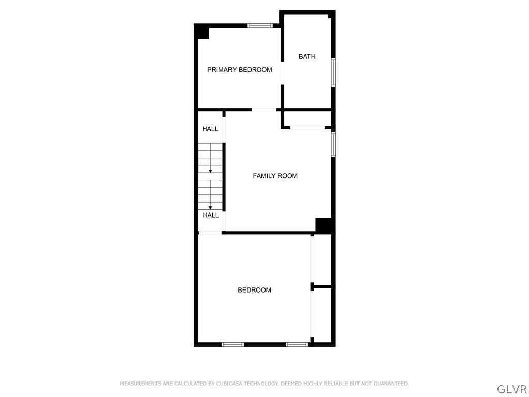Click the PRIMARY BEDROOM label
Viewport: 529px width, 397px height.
click(239, 70)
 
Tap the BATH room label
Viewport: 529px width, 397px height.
click(307, 57)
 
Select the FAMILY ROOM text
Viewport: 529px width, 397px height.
click(275, 176)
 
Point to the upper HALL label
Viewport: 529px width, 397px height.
click(210, 129)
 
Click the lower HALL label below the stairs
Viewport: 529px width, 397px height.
click(210, 215)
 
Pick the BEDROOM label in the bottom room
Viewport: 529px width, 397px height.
click(254, 290)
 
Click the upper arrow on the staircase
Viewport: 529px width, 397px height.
click(210, 171)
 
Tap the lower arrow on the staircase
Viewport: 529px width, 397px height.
click(210, 207)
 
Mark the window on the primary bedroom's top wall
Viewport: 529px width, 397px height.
click(260, 25)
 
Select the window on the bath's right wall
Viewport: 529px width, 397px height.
click(333, 72)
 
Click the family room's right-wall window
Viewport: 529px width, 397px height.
click(333, 144)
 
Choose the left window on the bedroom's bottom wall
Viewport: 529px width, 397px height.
click(232, 344)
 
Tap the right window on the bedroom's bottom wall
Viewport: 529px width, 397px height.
click(297, 344)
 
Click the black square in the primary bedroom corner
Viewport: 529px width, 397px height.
click(202, 32)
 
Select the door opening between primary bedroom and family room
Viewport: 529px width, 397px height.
click(263, 110)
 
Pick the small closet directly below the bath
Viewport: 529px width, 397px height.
click(307, 119)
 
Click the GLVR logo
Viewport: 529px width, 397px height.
click(511, 389)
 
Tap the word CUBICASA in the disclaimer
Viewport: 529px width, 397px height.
click(229, 384)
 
